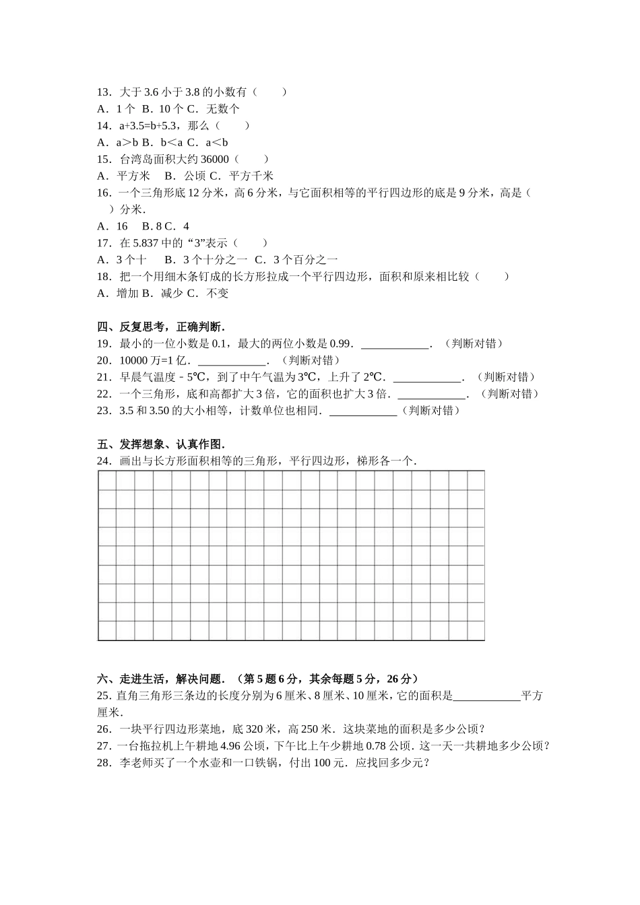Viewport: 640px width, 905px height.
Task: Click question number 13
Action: (104, 92)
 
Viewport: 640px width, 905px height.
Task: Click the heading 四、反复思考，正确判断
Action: (161, 327)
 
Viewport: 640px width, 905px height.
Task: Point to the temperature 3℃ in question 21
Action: (307, 377)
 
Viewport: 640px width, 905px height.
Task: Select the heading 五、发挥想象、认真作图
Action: (161, 444)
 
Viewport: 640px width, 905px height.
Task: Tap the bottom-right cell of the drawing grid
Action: (475, 631)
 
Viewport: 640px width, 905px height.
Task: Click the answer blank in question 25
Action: (487, 696)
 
